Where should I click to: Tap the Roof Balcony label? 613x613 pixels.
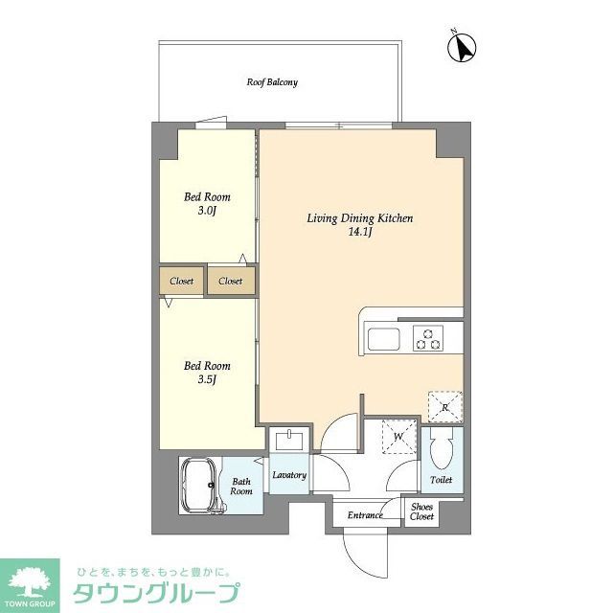click(272, 82)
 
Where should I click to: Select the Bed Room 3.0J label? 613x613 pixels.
click(207, 203)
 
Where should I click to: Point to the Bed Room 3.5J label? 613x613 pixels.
click(207, 372)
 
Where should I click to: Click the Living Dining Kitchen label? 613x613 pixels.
click(359, 224)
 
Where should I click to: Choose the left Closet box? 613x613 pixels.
click(182, 282)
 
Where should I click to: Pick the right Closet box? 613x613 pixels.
click(230, 282)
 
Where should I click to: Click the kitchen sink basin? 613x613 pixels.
click(384, 339)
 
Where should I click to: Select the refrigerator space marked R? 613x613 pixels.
click(445, 406)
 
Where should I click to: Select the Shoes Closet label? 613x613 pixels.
click(421, 511)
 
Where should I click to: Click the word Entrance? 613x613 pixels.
click(365, 515)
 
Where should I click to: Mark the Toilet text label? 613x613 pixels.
click(442, 480)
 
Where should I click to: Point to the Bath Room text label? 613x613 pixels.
click(240, 486)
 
